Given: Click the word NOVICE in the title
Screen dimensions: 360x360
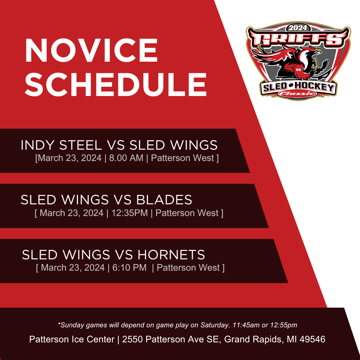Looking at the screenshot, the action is [x=91, y=50].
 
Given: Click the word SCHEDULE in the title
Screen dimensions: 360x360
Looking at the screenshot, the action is [x=116, y=84].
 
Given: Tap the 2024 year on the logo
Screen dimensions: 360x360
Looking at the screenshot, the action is [x=298, y=28].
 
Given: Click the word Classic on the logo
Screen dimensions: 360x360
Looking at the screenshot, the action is [x=298, y=93].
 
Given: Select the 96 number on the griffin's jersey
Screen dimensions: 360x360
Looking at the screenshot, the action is [x=298, y=70].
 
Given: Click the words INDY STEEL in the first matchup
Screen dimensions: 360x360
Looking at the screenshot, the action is [x=61, y=145].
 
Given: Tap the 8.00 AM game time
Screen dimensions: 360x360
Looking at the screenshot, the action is [x=126, y=158].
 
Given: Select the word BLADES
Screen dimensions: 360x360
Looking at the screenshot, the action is [x=164, y=200].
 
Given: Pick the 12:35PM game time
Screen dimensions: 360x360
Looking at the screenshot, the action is [x=129, y=213].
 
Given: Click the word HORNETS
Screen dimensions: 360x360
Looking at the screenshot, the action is [x=171, y=255].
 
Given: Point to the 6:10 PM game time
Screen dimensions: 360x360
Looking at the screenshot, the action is [x=129, y=268].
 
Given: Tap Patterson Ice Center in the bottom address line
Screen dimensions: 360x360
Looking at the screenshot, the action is [x=72, y=339].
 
